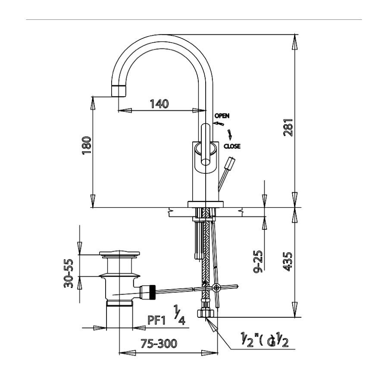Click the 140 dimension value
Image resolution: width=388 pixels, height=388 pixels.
pos(160,103)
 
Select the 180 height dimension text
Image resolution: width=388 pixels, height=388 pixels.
pos(87,145)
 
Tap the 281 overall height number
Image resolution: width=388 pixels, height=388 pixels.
pos(288,127)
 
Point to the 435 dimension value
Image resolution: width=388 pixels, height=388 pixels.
pos(288,262)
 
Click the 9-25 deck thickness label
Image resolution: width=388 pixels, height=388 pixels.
pos(258,261)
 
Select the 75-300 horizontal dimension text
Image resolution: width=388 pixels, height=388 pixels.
pos(159,344)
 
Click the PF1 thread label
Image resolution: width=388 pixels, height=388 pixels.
pos(156,320)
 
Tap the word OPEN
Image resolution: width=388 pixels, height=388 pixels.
pos(222,116)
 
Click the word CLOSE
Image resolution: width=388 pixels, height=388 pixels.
pos(232,146)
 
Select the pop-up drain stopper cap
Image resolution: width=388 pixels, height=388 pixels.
pos(119,253)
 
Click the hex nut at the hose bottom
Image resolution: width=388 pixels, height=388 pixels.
pos(206,313)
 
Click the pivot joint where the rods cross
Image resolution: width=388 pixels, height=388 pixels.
pos(216,288)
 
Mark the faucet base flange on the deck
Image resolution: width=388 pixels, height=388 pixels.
pos(206,204)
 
